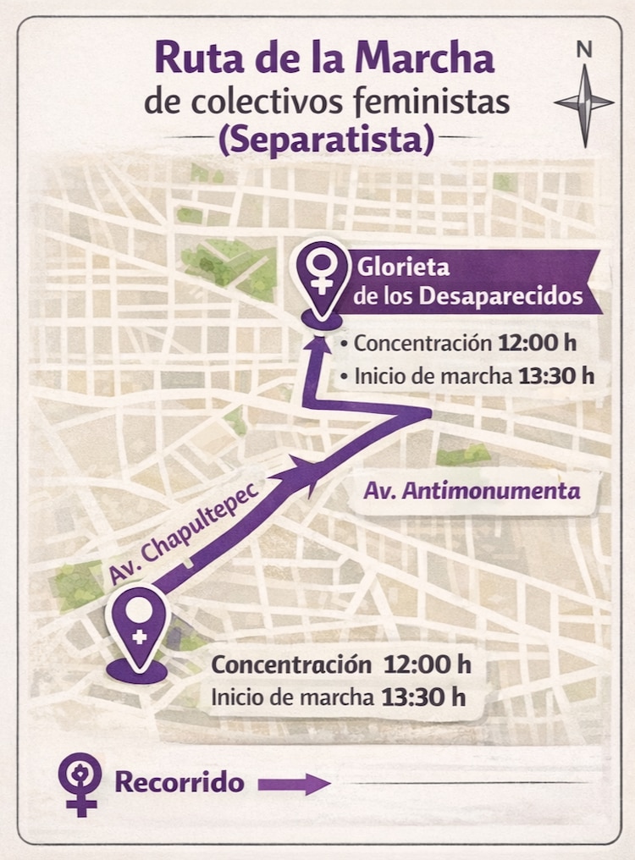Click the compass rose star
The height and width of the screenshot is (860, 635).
584,102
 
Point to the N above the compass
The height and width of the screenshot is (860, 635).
584,50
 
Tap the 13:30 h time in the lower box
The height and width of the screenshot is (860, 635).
424,697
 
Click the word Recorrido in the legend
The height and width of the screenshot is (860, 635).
179,782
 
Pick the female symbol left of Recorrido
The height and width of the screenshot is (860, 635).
81,782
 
